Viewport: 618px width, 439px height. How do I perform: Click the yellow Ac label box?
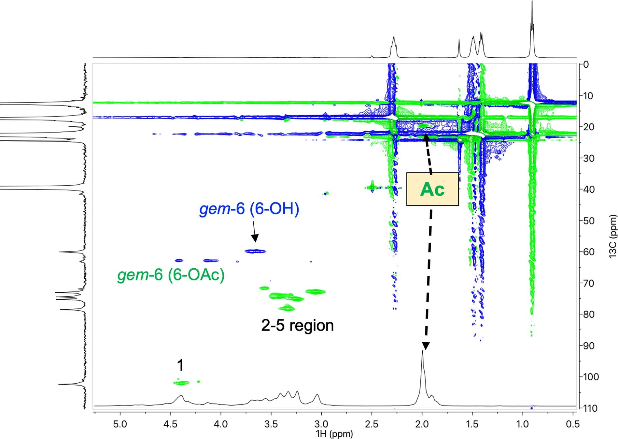(432, 189)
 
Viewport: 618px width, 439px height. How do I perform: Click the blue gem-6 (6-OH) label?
(249, 209)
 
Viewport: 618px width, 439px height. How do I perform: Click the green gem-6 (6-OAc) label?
(171, 275)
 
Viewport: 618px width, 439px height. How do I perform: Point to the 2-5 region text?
(297, 325)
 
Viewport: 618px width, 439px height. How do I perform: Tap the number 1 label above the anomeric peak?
(180, 365)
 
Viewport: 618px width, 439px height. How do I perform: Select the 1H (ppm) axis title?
(334, 434)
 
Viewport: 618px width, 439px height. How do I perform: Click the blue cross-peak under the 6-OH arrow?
(255, 251)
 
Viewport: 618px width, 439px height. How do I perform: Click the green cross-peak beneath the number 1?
(181, 383)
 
